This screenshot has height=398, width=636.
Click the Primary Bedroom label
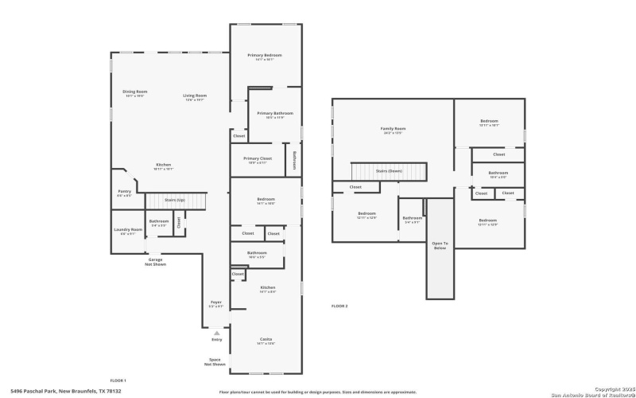click(x=265, y=55)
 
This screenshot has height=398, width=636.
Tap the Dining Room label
click(x=134, y=92)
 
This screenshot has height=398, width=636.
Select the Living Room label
click(x=196, y=96)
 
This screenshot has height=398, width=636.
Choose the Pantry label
click(x=124, y=191)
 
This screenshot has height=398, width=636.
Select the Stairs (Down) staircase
click(x=390, y=170)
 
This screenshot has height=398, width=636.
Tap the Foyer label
click(x=215, y=302)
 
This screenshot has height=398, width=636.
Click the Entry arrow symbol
click(x=216, y=333)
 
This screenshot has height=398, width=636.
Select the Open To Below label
click(x=440, y=245)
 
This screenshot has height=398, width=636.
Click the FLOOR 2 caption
click(x=339, y=306)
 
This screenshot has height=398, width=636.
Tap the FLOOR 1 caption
click(x=118, y=381)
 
